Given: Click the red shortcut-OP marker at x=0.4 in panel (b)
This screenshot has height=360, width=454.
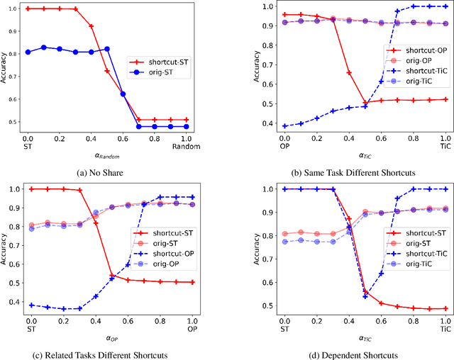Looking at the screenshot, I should click(348, 73).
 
